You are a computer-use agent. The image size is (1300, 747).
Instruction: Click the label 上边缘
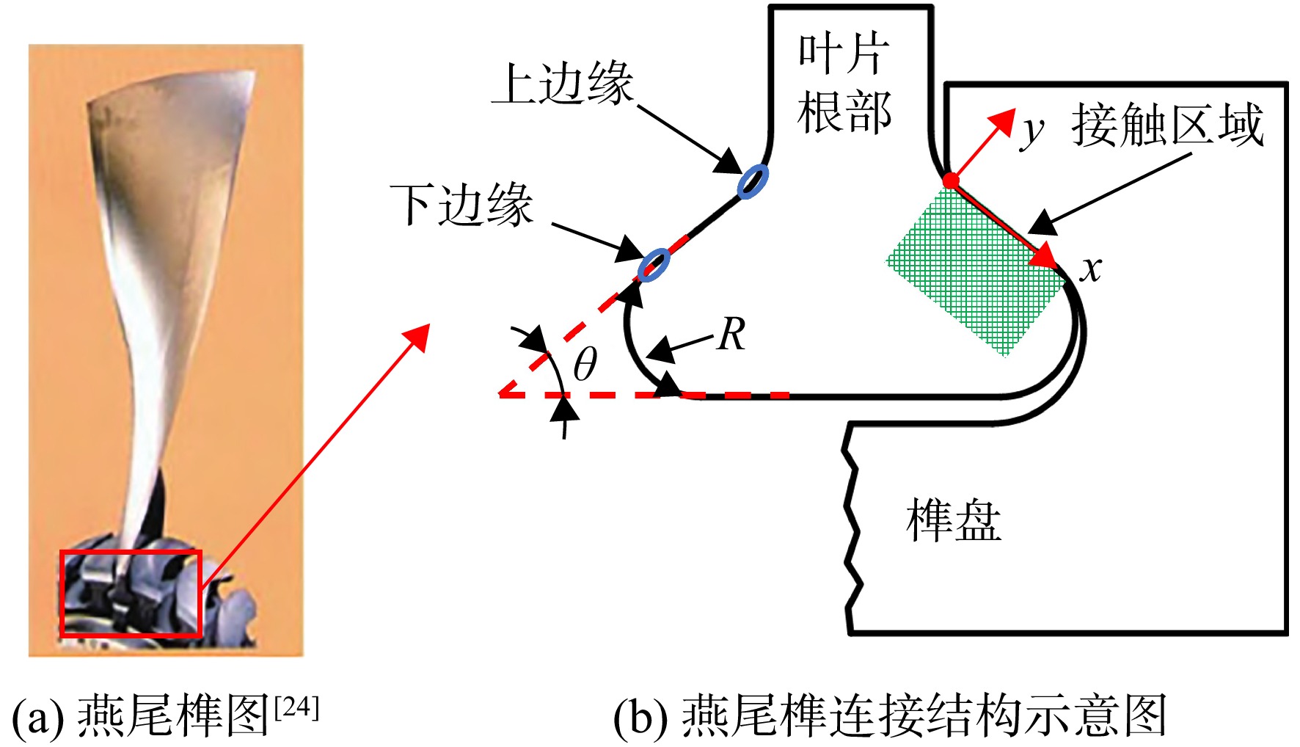[562, 84]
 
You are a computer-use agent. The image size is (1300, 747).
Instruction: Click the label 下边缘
[461, 204]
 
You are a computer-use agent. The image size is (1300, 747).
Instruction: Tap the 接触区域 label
[1168, 125]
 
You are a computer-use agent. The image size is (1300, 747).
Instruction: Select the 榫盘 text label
[954, 520]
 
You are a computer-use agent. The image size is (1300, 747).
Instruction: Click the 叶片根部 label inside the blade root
[844, 83]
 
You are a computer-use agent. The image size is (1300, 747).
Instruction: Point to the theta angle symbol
[585, 363]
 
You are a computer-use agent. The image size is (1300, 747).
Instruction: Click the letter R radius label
[731, 334]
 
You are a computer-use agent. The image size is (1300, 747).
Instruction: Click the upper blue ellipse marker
[753, 181]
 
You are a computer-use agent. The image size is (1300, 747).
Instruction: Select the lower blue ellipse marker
[654, 264]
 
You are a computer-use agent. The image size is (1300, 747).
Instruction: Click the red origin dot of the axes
[950, 181]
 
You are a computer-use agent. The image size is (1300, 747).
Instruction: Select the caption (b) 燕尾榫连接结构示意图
[890, 716]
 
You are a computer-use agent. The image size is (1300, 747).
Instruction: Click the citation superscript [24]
[296, 707]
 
